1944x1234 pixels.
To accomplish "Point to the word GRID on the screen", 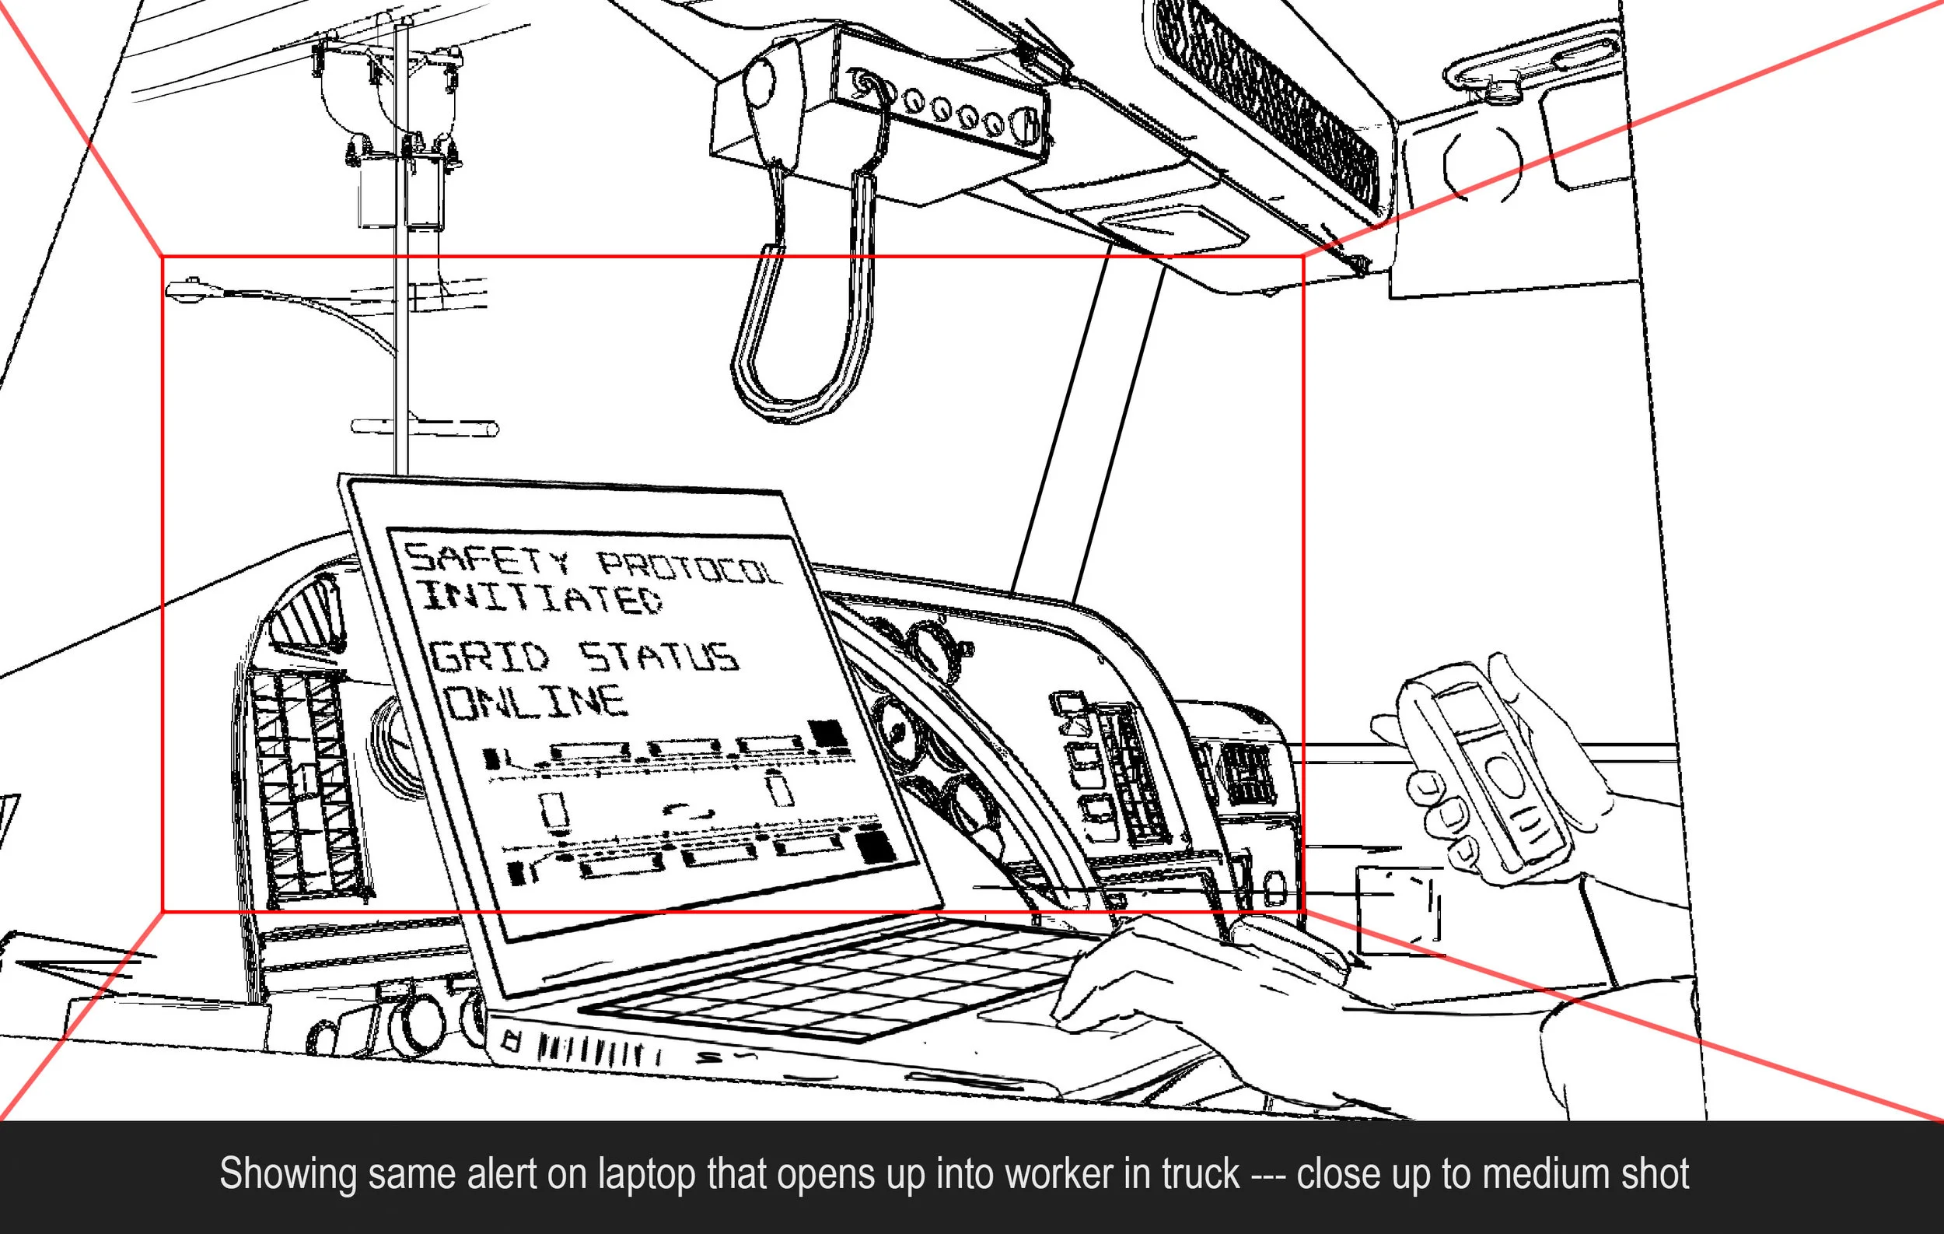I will coord(488,657).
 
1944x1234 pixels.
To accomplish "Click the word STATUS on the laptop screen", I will coord(658,657).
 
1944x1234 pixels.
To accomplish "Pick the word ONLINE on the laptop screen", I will coord(537,702).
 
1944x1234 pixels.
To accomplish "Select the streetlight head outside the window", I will coord(186,291).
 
